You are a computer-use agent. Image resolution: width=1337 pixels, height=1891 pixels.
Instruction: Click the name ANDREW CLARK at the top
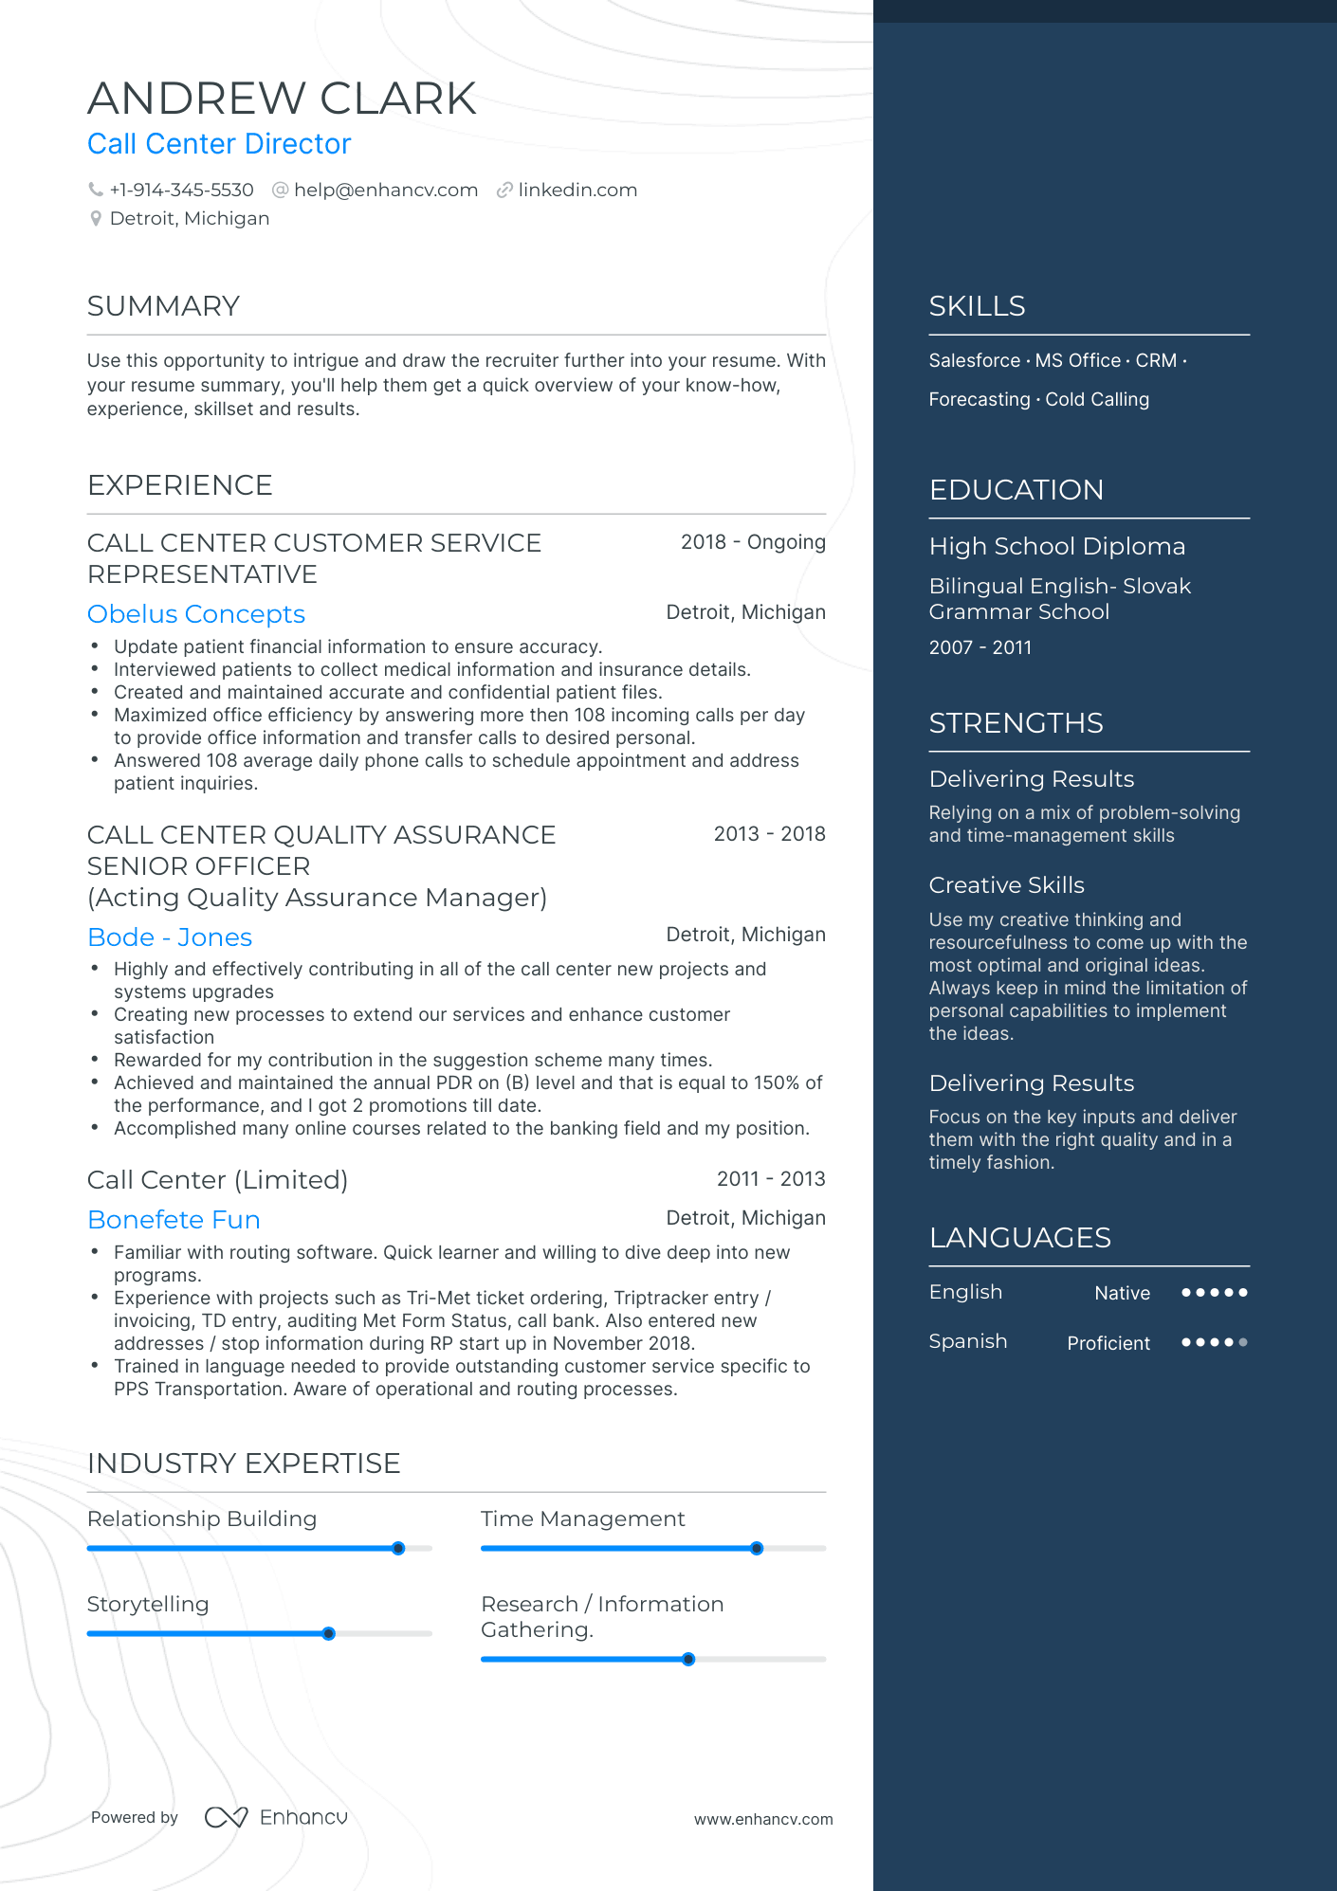coord(282,99)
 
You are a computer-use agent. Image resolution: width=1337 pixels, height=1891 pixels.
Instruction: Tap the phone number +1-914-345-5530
coord(181,190)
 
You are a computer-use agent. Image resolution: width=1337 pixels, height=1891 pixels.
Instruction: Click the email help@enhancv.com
coord(385,190)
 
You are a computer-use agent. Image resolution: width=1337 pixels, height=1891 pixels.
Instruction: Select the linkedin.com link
coord(577,190)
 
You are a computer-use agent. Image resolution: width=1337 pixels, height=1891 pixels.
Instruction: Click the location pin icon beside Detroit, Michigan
coord(96,219)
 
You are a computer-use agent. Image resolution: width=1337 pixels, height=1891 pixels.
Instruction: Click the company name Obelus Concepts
coord(196,614)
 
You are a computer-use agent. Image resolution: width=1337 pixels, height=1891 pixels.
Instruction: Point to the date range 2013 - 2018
coord(769,834)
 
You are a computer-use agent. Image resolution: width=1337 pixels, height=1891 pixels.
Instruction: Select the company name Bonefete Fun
coord(174,1220)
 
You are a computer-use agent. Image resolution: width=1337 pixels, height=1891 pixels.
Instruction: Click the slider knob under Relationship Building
coord(398,1548)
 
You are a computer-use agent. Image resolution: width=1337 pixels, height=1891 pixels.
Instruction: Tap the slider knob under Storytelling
coord(328,1633)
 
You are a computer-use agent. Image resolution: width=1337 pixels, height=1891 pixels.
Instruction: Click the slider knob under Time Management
coord(756,1548)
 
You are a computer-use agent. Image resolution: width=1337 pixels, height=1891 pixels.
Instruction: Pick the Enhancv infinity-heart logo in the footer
coord(226,1817)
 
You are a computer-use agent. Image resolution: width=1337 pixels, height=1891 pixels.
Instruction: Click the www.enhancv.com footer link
coord(762,1819)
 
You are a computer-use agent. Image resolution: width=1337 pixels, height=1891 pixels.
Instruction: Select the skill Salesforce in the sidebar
coord(974,361)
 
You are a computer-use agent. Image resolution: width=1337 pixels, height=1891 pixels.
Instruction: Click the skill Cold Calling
coord(1096,400)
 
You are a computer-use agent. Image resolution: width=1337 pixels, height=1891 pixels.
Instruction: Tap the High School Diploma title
coord(1056,547)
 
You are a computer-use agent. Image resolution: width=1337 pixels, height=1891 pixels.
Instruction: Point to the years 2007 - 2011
coord(980,647)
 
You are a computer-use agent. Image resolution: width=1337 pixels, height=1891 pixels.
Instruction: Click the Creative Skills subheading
coord(1006,885)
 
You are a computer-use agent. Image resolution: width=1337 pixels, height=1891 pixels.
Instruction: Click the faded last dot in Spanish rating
coord(1243,1342)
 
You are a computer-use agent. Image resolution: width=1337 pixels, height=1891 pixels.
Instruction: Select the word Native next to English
coord(1122,1294)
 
